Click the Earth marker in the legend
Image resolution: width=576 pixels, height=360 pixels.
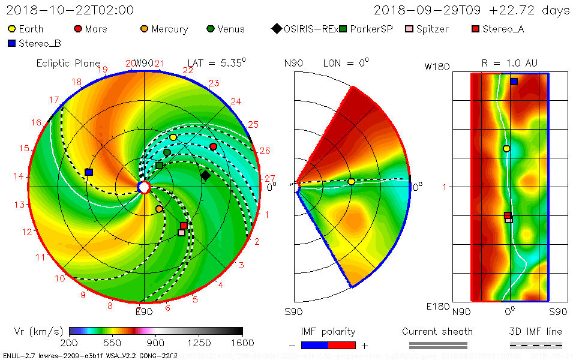11,29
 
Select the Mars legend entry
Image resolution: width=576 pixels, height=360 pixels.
78,29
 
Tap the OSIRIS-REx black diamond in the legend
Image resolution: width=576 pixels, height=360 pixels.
277,29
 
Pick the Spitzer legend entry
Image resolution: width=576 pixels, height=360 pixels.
410,29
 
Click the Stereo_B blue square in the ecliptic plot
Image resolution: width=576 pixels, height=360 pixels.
89,172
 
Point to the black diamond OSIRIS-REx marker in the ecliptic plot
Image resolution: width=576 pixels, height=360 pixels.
205,175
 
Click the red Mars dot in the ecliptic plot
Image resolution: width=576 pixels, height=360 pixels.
213,146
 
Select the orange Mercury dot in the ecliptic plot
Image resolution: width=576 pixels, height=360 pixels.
159,209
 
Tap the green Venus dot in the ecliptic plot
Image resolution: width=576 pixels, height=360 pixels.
167,152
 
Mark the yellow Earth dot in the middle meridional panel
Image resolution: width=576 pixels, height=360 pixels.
351,182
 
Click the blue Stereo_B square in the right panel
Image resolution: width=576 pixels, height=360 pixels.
514,82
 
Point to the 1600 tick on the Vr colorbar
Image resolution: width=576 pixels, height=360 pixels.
242,343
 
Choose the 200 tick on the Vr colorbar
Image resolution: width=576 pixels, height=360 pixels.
70,343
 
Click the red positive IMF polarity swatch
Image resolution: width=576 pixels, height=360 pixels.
342,345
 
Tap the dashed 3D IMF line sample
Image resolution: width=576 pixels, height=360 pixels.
536,345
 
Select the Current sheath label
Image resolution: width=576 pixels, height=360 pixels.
437,331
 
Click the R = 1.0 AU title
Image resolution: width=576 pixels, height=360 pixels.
509,63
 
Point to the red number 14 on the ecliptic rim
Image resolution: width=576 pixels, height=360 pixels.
19,176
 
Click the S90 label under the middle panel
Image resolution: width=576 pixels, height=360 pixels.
293,311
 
